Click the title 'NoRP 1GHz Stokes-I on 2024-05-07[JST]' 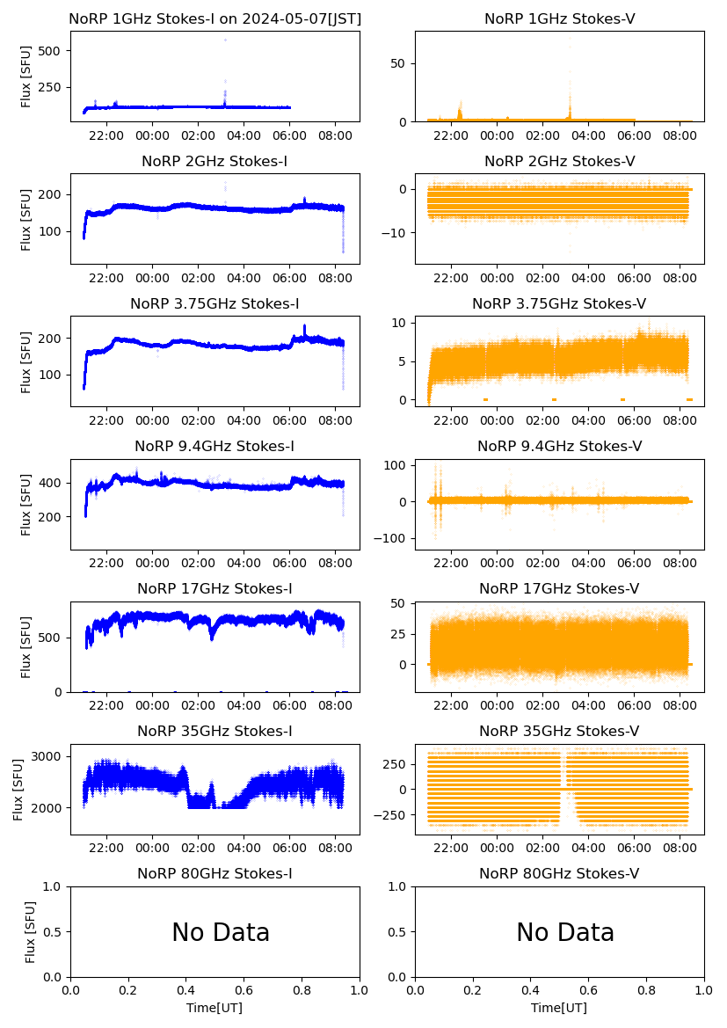[x=215, y=18]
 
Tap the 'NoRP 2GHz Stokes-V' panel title [x=560, y=161]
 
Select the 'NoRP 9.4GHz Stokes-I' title [x=215, y=446]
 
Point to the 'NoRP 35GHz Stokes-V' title [x=560, y=731]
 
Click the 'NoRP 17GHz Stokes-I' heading [x=215, y=588]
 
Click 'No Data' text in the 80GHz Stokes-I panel [x=221, y=932]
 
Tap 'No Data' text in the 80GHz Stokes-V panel [x=565, y=932]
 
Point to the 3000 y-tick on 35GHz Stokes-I [x=47, y=756]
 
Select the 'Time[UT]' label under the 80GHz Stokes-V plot [x=560, y=1008]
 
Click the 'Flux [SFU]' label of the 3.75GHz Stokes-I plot [x=26, y=361]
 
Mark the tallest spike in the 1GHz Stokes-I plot [x=225, y=40]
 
